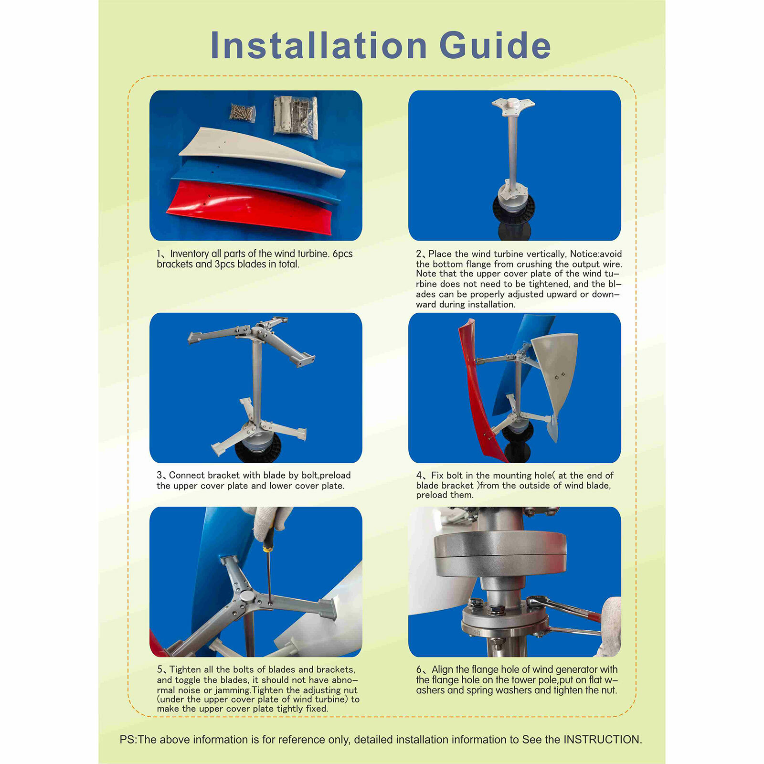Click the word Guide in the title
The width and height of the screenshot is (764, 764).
click(x=495, y=46)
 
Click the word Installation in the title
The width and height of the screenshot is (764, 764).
click(x=318, y=46)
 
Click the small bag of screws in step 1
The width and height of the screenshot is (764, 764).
click(x=243, y=113)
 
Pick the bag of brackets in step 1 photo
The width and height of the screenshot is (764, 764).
click(x=296, y=117)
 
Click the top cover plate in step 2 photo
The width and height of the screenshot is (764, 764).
click(x=513, y=104)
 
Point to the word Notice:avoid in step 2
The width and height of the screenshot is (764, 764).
click(x=596, y=254)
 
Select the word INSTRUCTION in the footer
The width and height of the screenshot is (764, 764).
click(x=602, y=740)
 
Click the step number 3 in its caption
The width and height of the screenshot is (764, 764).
click(x=159, y=476)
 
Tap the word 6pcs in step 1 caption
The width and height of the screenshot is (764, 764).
click(x=342, y=254)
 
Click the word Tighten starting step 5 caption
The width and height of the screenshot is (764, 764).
click(x=186, y=670)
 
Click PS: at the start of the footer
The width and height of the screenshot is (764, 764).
click(x=128, y=740)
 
